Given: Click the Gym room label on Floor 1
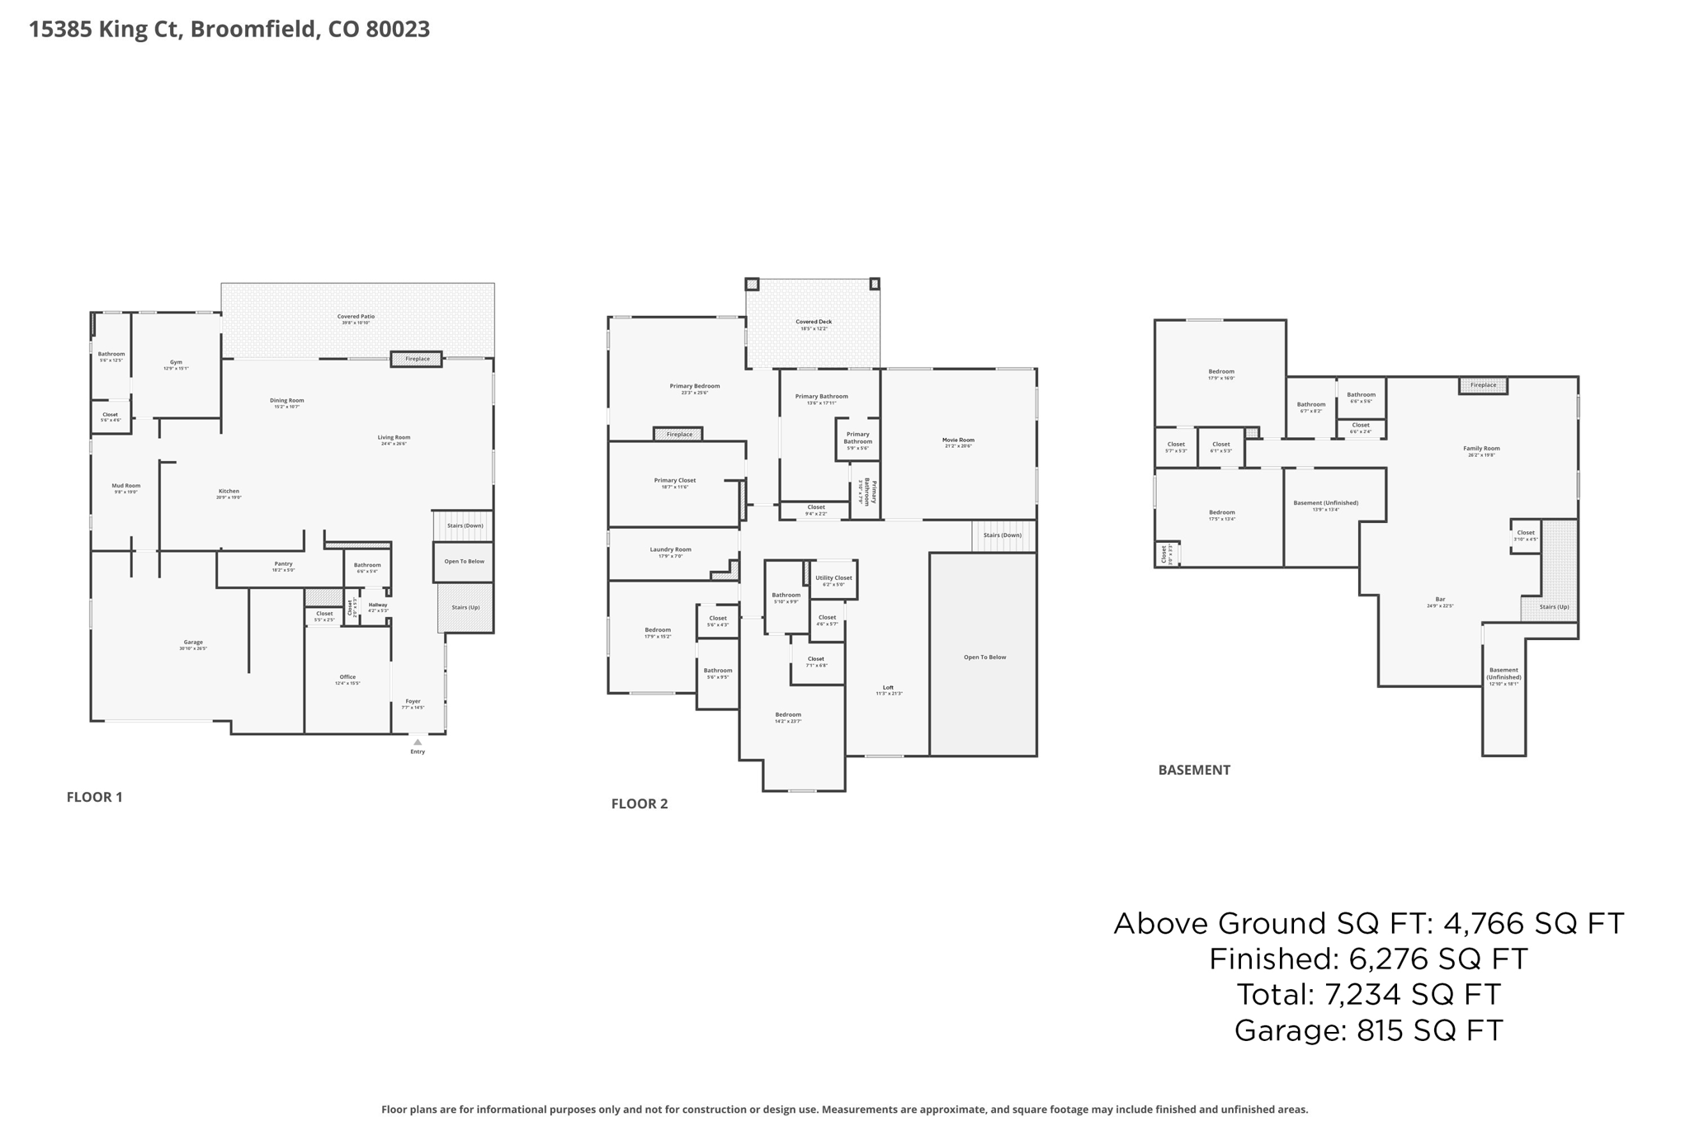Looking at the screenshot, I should coord(176,362).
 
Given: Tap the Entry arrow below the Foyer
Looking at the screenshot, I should coord(418,742).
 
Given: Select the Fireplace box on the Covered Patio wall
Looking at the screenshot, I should coord(417,359).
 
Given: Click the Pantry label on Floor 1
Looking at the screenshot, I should coord(283,564).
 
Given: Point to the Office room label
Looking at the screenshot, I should coord(347,677).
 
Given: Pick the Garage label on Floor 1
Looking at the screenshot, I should coord(193,643).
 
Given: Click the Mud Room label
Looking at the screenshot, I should coord(126,486).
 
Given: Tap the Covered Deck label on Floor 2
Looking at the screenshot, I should coord(814,322).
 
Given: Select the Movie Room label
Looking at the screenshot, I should coord(958,441).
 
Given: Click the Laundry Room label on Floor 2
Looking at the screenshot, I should coord(670,549).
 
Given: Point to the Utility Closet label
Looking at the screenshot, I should coord(833,578).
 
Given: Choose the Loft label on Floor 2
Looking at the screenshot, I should coord(889,687).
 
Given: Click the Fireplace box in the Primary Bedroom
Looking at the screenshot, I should coord(679,434).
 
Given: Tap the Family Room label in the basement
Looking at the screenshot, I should coord(1481,449).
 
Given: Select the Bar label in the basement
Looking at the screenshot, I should coord(1440,600).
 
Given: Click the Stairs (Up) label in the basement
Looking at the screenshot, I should coord(1554,607).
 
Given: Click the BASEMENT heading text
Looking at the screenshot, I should coord(1194,770).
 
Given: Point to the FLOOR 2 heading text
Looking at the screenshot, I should coord(640,803).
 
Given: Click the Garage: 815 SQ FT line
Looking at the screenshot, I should coord(1368,1030).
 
